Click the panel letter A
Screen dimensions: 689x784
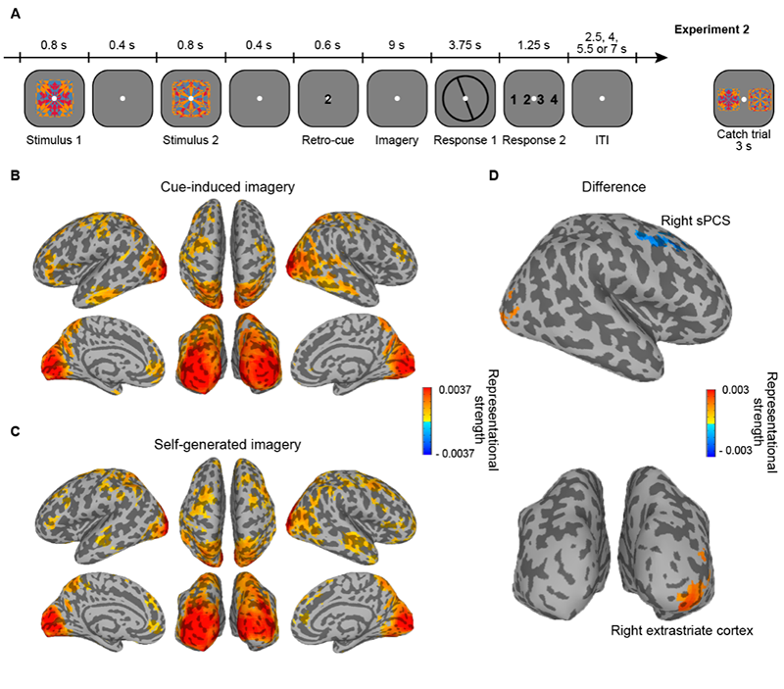(x=13, y=13)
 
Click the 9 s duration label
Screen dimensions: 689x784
(x=396, y=44)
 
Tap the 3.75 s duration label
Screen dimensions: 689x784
(x=465, y=44)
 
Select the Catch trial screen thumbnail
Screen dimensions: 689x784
(x=744, y=99)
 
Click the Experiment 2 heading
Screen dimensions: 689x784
(x=712, y=29)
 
